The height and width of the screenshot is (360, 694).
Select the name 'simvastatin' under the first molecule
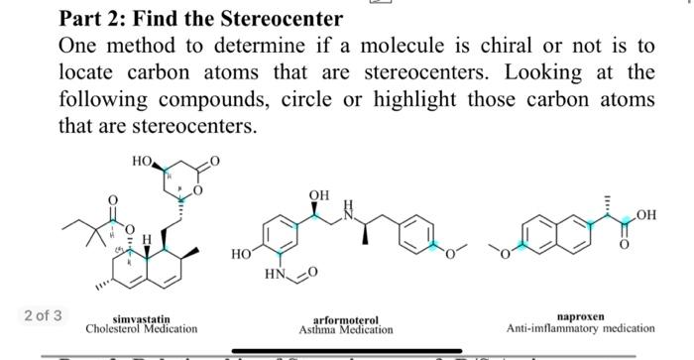141,318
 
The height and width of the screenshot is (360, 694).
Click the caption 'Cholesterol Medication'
141,328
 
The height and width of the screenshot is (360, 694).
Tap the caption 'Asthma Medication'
346,329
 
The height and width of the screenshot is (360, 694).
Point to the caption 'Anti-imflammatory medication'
580,328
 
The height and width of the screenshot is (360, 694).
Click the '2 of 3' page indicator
43,315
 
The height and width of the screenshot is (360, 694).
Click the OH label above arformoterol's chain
317,195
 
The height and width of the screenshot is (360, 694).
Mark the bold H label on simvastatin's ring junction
147,239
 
